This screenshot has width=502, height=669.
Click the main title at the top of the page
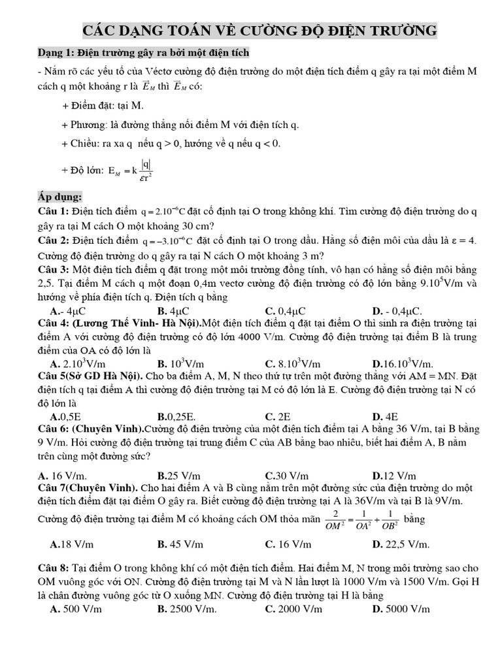[259, 31]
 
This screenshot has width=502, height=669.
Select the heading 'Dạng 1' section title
[142, 52]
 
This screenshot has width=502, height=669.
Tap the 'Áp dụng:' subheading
[59, 197]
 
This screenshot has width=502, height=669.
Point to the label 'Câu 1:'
[54, 212]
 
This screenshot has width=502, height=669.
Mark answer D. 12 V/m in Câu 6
[394, 476]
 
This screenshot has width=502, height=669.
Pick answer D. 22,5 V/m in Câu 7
[401, 544]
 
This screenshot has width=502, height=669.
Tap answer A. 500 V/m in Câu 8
[76, 609]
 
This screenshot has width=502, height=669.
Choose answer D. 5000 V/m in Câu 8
[401, 609]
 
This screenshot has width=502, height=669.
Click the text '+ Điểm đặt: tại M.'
[102, 106]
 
